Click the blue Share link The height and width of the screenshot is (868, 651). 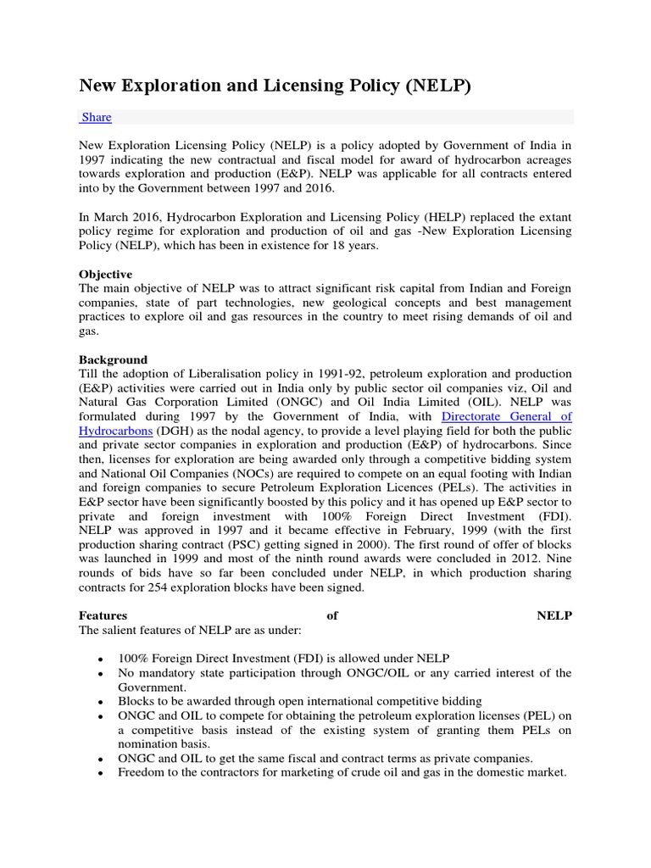pos(96,117)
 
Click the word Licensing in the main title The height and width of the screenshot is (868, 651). pos(298,86)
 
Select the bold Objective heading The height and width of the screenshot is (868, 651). pos(105,275)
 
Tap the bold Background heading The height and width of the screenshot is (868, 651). pos(113,359)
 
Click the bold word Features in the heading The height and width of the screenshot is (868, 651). pos(103,615)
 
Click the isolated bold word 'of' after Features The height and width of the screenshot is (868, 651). pos(332,615)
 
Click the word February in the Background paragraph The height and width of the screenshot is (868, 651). pos(445,531)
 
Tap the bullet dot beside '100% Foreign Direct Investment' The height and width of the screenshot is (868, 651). pos(101,659)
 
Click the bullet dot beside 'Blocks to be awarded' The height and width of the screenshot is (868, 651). pos(101,703)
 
